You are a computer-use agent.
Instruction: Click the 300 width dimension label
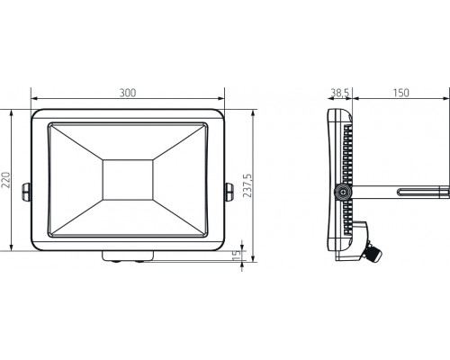click(x=128, y=93)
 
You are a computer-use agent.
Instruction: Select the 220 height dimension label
click(x=6, y=180)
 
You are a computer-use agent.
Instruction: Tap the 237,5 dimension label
click(x=247, y=185)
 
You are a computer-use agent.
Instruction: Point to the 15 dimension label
click(x=237, y=255)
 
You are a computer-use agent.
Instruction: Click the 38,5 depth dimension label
click(x=340, y=93)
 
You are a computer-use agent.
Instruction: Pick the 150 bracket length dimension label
click(x=401, y=93)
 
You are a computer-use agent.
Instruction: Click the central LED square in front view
click(x=128, y=180)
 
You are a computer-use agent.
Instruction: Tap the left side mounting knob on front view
click(x=27, y=192)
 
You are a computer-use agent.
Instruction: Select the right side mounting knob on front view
click(x=229, y=192)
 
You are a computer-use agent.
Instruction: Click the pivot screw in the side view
click(x=343, y=192)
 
